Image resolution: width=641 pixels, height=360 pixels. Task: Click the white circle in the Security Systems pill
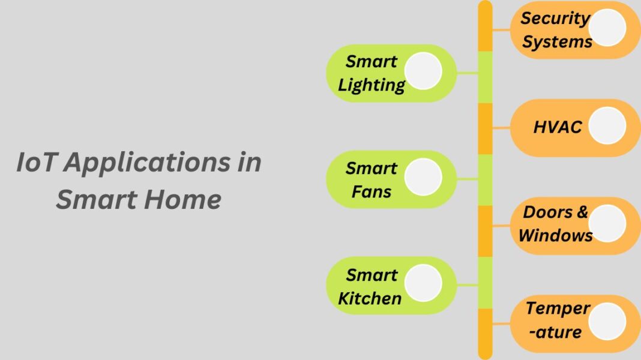pos(607,28)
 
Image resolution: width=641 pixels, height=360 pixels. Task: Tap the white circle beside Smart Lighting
pos(423,71)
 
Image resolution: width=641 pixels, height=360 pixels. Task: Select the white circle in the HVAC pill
pos(607,126)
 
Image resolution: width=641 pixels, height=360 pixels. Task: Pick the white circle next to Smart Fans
pos(423,178)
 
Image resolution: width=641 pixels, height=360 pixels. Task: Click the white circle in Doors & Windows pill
pos(607,223)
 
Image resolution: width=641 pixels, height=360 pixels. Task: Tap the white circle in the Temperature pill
pos(607,321)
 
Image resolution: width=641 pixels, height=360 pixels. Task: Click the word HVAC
pos(558,127)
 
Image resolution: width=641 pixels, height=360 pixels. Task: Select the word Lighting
pos(372,85)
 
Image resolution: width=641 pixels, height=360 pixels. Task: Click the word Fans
pos(372,192)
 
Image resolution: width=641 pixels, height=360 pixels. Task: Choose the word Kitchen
pos(370,298)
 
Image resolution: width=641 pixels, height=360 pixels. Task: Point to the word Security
pos(555,18)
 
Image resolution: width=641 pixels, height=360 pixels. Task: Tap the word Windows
pos(555,235)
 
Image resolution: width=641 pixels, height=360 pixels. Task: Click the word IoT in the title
pos(36,163)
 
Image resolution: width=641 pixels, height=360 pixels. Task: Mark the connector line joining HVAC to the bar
pos(501,128)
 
